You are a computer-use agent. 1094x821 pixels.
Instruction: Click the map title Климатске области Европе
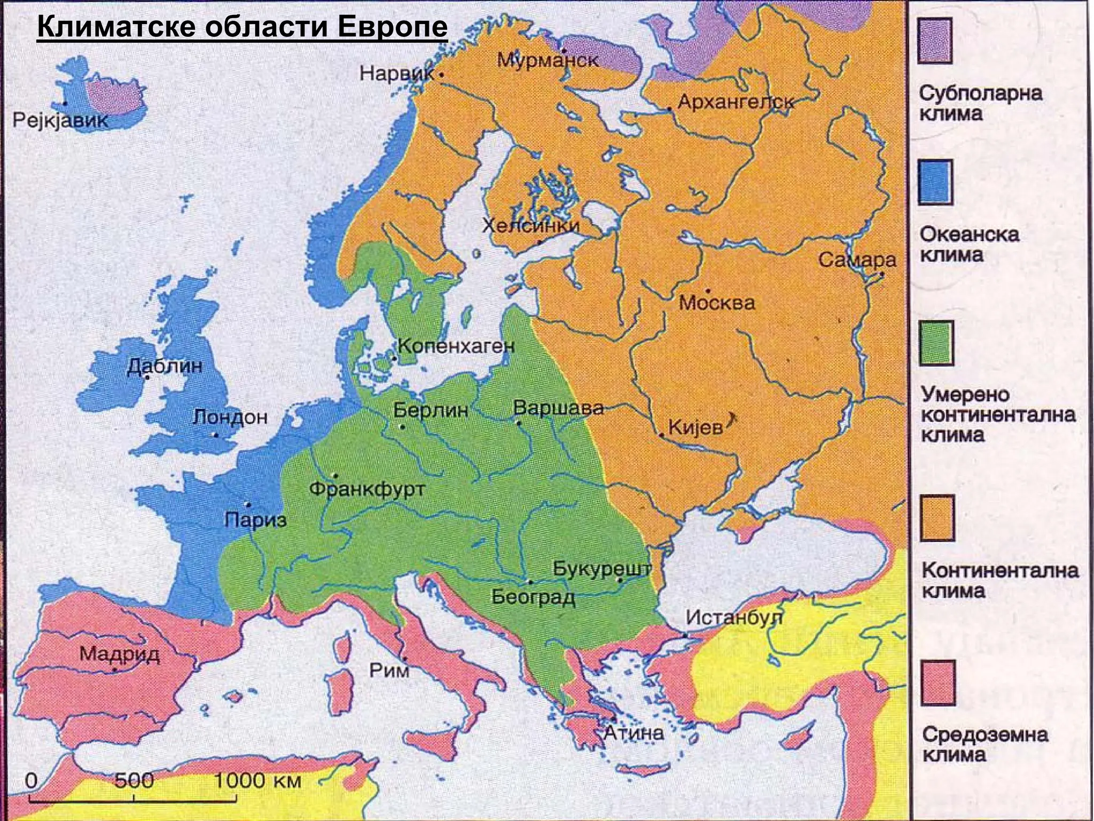tap(242, 27)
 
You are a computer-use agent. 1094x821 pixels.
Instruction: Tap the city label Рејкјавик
tap(60, 120)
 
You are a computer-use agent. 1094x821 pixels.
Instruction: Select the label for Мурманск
tap(548, 60)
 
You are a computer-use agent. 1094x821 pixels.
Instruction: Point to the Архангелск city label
tap(736, 102)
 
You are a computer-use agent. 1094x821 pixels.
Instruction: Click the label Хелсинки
tap(530, 226)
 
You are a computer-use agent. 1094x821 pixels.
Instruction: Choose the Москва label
tap(717, 304)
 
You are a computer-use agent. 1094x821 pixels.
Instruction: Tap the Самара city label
tap(857, 260)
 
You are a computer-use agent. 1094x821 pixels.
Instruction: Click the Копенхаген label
tap(456, 346)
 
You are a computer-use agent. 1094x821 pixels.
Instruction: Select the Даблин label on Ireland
tap(165, 366)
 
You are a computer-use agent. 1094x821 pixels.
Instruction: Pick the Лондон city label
tap(230, 417)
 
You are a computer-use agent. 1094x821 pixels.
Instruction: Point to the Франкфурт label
tap(368, 489)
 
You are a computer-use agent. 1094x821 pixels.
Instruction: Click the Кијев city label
tap(695, 427)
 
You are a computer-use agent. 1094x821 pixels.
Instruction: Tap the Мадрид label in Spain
tap(120, 654)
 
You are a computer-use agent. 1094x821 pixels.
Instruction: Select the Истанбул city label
tap(734, 618)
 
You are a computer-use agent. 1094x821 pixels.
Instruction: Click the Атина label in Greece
tap(634, 732)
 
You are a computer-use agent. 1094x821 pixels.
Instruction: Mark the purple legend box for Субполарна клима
tap(935, 41)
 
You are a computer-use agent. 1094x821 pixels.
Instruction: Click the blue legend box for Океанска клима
tap(935, 182)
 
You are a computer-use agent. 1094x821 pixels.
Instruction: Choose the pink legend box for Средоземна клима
tap(937, 683)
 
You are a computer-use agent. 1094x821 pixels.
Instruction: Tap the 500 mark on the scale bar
tap(134, 781)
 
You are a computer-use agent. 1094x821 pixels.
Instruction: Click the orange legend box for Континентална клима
tap(937, 518)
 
